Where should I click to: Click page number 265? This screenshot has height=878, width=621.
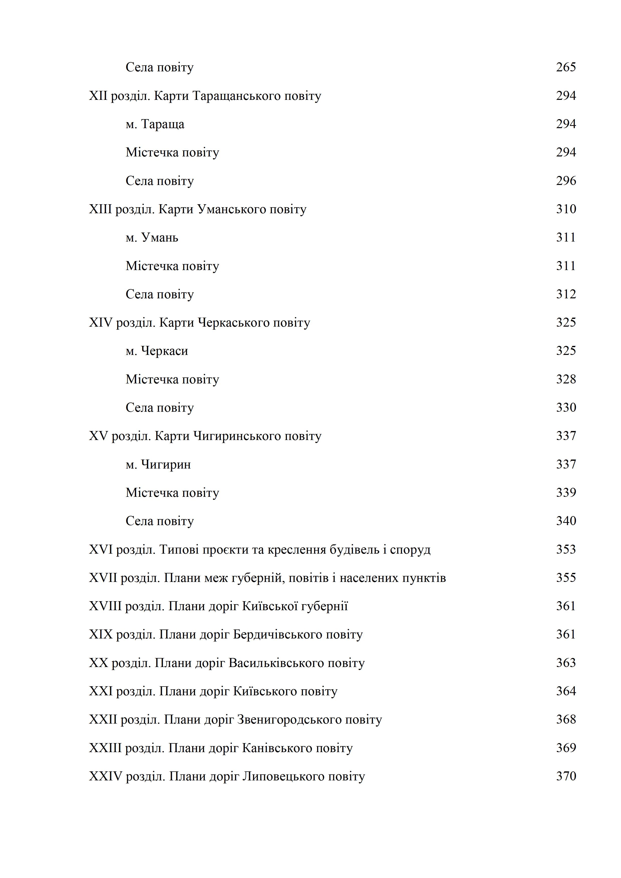(565, 67)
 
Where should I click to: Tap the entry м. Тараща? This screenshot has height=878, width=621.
(155, 124)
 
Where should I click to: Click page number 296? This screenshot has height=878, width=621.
(565, 181)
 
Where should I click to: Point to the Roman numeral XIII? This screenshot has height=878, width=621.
(100, 209)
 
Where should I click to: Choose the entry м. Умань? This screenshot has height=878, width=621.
(152, 238)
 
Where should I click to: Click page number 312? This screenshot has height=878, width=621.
(565, 294)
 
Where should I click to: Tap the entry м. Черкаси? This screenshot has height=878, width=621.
(157, 351)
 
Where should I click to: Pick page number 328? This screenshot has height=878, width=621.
(565, 379)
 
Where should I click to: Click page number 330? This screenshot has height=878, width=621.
(565, 408)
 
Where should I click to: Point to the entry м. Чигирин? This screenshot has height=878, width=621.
(158, 465)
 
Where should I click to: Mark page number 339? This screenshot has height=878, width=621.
(565, 493)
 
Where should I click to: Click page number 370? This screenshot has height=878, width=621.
(565, 776)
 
